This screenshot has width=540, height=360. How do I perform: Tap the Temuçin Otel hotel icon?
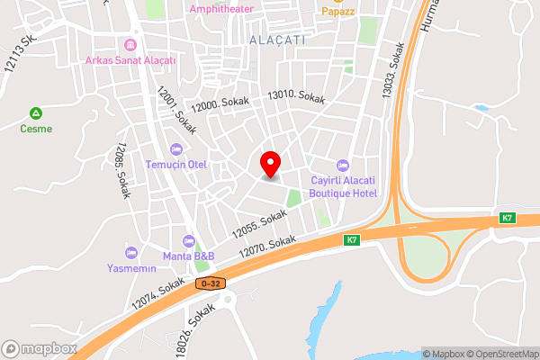pos(176,148)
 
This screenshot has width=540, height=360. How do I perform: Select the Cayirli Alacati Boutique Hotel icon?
pos(342,165)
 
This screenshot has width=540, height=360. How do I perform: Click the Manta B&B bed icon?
pos(187,240)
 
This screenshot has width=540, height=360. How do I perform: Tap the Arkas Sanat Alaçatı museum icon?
pos(130,45)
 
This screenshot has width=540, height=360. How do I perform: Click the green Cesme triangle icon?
pos(36,113)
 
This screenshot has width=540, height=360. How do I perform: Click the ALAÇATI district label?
pos(277,40)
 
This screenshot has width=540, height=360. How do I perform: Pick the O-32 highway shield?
pos(210,283)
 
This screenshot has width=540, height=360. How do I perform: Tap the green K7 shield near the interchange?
pos(351,240)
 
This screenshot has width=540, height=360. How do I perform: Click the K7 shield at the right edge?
pos(508,219)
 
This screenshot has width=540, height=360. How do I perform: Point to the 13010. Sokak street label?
pos(295,96)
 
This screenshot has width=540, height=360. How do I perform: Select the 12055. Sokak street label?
pos(259,224)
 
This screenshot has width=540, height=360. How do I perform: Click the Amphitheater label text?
pos(220,8)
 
